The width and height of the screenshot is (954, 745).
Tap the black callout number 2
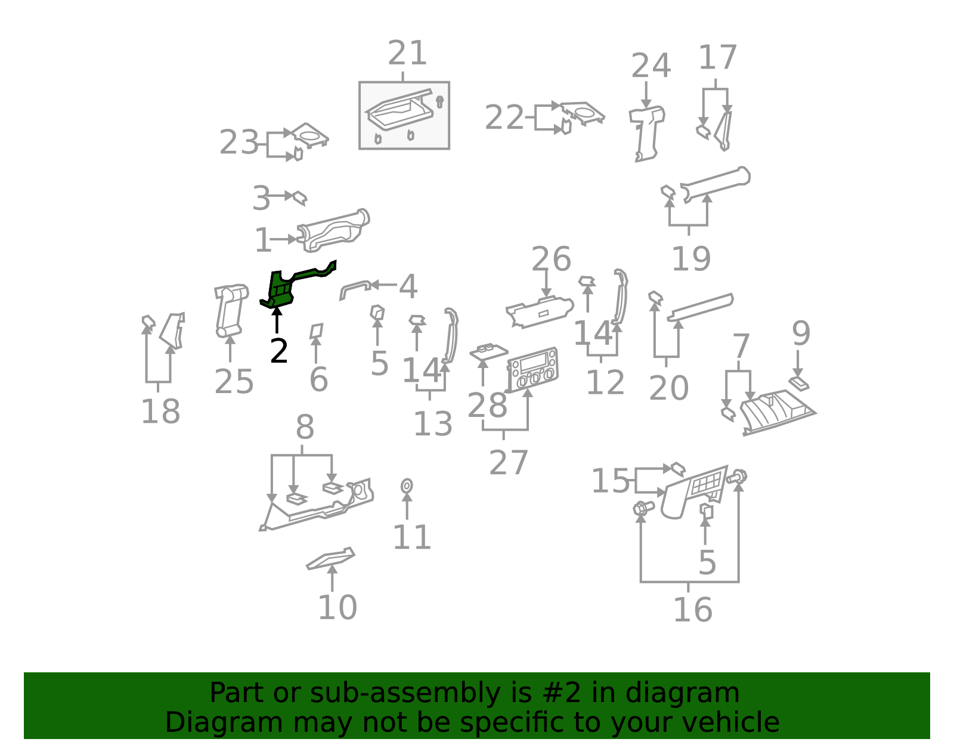point(279,351)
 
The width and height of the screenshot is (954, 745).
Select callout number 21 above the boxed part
point(407,53)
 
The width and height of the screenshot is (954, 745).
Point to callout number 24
point(651,66)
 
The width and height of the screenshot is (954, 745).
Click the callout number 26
point(551,259)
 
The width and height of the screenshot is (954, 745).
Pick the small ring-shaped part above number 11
point(407,486)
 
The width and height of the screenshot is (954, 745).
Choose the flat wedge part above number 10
point(330,558)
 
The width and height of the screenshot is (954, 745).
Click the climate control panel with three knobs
point(532,369)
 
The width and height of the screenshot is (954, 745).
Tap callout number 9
point(801,333)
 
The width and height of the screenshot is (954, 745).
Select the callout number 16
point(692,610)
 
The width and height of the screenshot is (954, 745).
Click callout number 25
point(234,382)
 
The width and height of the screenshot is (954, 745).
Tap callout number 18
point(160,412)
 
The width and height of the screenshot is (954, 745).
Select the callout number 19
point(691,259)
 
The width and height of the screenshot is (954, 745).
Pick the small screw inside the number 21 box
point(439,102)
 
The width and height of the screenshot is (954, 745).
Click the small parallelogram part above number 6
point(316,330)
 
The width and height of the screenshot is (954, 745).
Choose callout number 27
point(508,463)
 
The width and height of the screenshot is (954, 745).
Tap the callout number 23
point(239,142)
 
